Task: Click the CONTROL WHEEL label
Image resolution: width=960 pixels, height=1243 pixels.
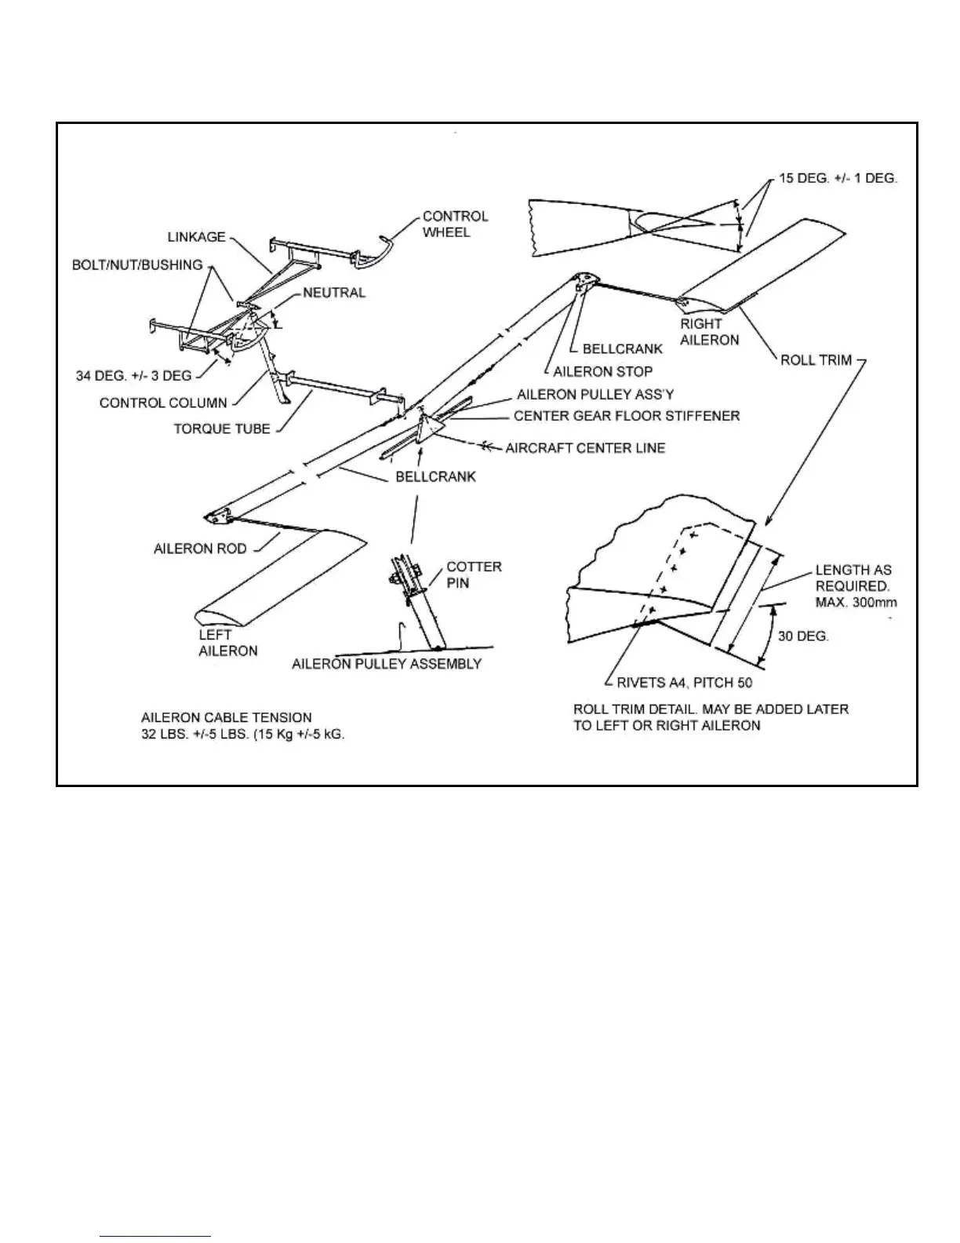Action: (455, 224)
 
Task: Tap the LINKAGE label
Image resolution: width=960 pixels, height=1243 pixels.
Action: (196, 237)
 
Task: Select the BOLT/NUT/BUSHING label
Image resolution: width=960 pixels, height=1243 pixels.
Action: (137, 265)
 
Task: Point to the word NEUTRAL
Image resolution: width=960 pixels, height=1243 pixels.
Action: (334, 293)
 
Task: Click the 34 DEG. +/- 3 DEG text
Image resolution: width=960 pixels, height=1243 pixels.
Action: (133, 376)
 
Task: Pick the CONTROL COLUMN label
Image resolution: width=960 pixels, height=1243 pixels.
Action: (163, 403)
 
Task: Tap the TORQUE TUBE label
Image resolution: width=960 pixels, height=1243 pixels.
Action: (222, 428)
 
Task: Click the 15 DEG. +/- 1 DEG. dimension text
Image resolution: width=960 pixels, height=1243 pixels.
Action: (838, 178)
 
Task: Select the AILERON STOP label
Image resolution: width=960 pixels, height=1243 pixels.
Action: (602, 371)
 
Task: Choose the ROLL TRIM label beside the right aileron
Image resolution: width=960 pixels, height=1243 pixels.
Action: (816, 360)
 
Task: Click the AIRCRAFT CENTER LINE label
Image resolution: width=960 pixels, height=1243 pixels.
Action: (585, 448)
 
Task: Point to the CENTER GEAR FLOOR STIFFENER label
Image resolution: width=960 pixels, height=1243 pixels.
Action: (627, 415)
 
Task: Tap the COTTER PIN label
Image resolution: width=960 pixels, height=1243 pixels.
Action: (474, 574)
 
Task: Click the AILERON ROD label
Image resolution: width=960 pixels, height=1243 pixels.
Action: (200, 549)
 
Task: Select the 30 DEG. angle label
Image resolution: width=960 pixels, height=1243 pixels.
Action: (803, 636)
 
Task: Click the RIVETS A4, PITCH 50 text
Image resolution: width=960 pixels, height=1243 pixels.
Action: (684, 683)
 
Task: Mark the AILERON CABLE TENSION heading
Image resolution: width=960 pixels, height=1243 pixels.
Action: (226, 717)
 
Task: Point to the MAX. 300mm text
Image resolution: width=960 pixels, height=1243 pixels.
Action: (856, 603)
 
